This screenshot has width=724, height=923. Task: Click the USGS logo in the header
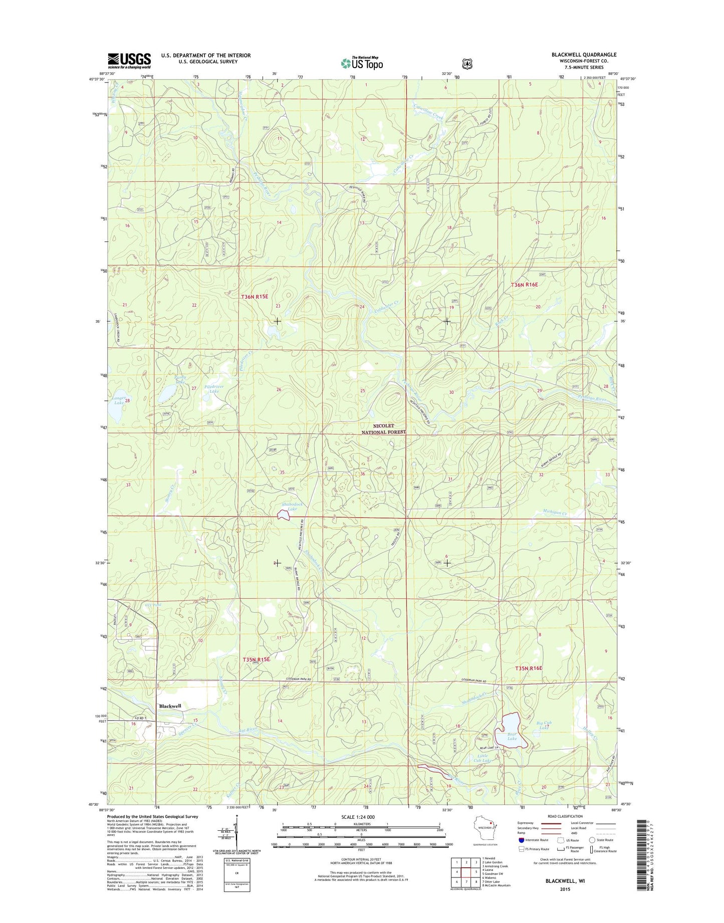click(129, 61)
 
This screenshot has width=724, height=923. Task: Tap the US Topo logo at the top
click(362, 63)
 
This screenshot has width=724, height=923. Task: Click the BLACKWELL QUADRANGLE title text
click(584, 55)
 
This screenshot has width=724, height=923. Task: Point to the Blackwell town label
click(170, 706)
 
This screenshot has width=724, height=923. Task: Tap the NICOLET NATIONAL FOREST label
click(383, 429)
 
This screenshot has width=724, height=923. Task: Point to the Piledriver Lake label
click(214, 389)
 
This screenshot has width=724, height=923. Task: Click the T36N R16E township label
click(524, 285)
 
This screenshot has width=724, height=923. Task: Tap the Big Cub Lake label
click(544, 725)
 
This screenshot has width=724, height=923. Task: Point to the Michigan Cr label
click(555, 513)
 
